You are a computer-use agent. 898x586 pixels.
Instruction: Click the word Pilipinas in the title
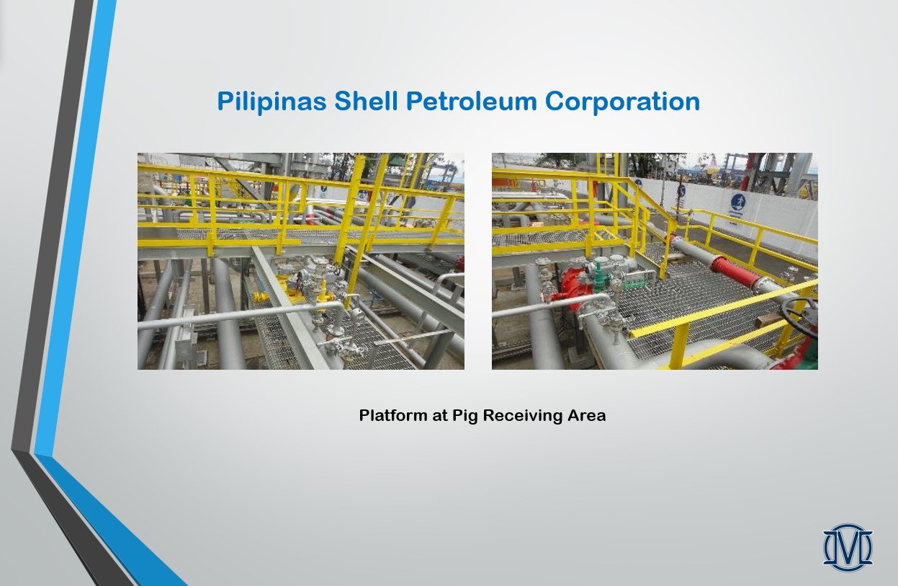[271, 102]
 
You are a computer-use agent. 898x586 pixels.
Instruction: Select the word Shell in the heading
[366, 100]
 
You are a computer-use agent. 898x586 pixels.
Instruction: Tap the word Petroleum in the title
[471, 100]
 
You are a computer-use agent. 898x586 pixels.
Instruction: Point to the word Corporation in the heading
[622, 102]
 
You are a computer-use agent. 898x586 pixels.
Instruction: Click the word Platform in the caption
[393, 415]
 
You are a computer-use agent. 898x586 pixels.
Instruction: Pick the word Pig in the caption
[465, 416]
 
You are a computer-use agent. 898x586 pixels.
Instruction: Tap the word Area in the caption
[586, 415]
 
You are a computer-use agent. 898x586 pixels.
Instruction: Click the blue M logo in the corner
[848, 548]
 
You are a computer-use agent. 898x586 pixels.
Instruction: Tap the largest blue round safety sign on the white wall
[737, 202]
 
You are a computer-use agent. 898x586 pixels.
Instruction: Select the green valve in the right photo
[599, 273]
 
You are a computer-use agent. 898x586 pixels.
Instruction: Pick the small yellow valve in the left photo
[260, 298]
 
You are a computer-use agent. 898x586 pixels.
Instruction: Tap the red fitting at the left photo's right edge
[459, 264]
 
